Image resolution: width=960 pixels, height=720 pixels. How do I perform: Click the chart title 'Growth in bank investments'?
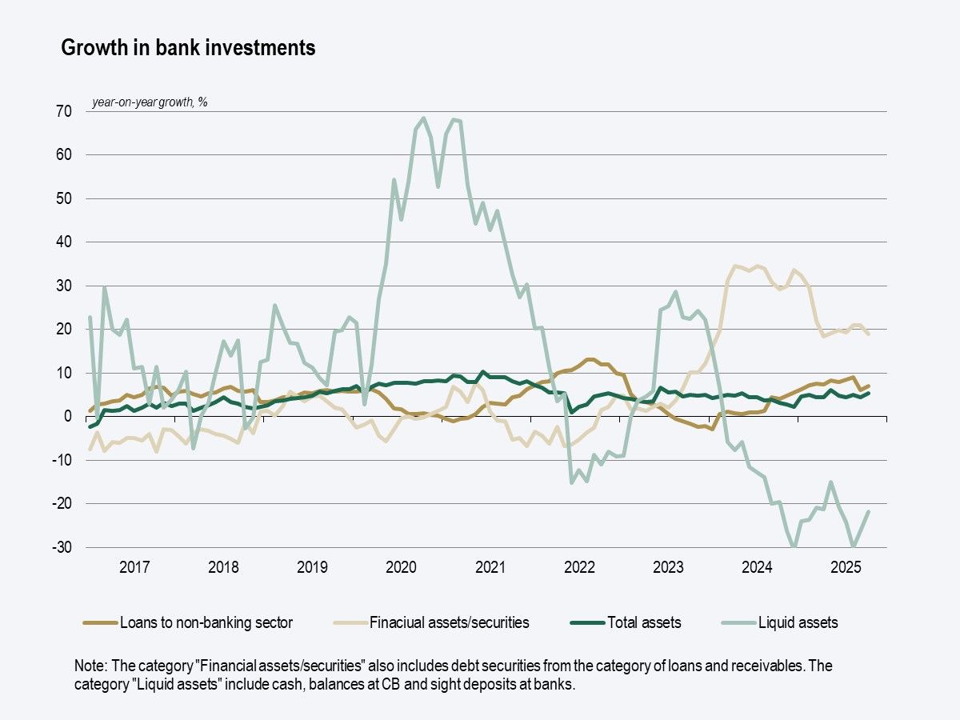click(189, 48)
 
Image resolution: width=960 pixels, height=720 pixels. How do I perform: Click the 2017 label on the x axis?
click(134, 568)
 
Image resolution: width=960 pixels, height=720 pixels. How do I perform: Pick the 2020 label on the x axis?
click(401, 568)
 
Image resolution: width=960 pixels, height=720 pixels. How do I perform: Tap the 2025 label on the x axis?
click(846, 568)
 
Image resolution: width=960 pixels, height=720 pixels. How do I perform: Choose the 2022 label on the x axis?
click(579, 568)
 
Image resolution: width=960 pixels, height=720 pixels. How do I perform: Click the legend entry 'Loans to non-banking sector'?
click(206, 622)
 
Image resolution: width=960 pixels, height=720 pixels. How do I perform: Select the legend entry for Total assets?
click(644, 622)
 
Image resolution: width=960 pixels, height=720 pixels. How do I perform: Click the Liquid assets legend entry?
click(798, 622)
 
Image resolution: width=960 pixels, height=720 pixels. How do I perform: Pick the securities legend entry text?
click(449, 622)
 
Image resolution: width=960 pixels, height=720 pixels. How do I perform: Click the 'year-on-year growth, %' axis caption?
click(150, 102)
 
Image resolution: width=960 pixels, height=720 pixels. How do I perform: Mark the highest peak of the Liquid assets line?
click(423, 118)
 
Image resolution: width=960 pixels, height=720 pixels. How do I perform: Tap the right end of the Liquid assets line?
click(869, 512)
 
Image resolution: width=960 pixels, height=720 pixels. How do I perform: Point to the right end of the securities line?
click(869, 334)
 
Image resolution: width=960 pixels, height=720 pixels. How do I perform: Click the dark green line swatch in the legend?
click(586, 622)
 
